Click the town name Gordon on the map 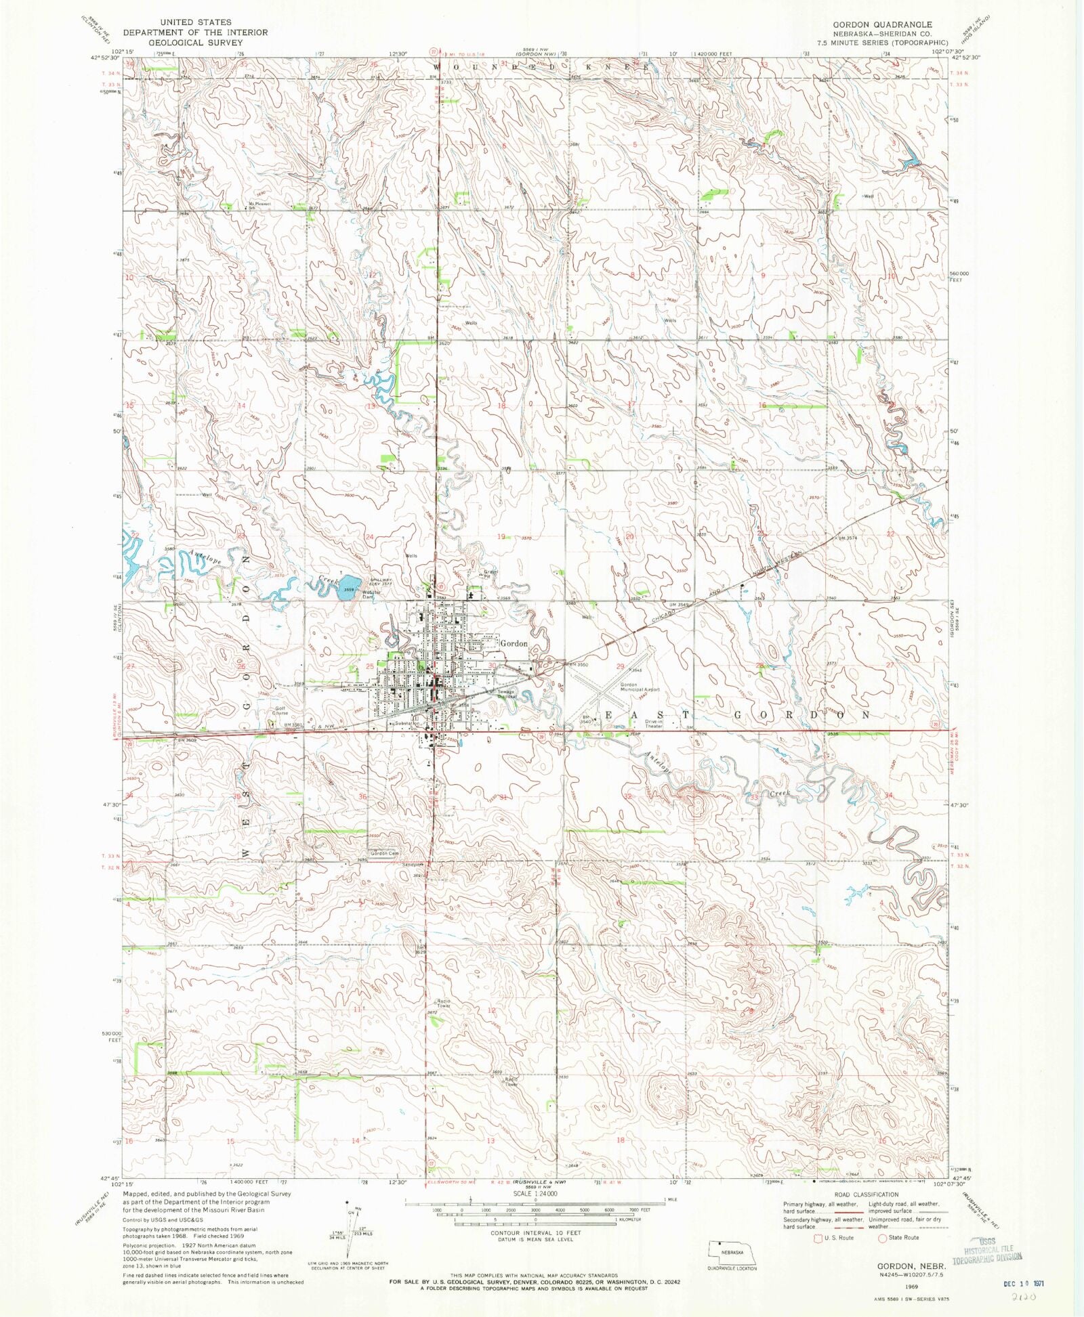click(514, 643)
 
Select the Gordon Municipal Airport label click(640, 687)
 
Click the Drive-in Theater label click(654, 724)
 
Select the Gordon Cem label click(384, 853)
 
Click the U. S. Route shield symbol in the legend click(818, 1238)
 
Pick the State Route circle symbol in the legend click(882, 1238)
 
